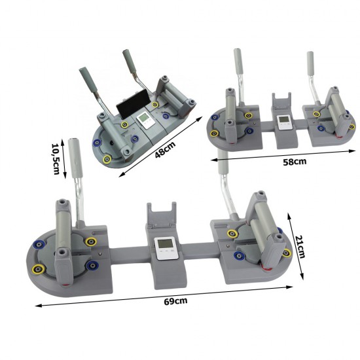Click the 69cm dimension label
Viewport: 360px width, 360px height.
pyautogui.click(x=175, y=301)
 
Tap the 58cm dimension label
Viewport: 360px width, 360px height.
pyautogui.click(x=295, y=162)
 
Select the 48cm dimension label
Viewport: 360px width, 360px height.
pyautogui.click(x=166, y=150)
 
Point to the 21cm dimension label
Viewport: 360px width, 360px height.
pyautogui.click(x=300, y=247)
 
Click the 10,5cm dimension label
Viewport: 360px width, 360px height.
pyautogui.click(x=56, y=159)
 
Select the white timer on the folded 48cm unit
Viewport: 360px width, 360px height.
pyautogui.click(x=145, y=120)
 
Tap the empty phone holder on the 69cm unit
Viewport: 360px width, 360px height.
pyautogui.click(x=162, y=215)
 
